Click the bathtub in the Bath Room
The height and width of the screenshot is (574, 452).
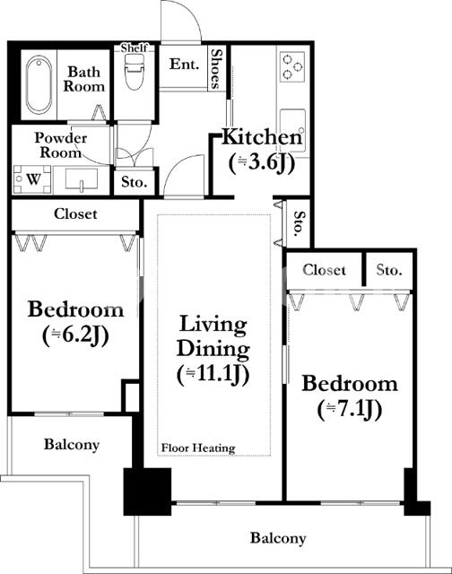(x=39, y=84)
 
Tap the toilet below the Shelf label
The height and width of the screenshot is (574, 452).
(x=134, y=72)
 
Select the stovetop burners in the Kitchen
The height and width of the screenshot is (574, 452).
(x=292, y=66)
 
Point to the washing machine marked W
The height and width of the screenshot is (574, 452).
(x=32, y=179)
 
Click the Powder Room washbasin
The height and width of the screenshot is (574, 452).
(x=82, y=179)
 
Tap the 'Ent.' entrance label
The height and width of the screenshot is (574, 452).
(x=184, y=64)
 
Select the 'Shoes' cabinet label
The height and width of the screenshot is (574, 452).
(x=217, y=69)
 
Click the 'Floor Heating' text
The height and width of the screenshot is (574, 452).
(x=198, y=448)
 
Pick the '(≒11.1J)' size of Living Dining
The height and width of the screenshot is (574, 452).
(x=213, y=375)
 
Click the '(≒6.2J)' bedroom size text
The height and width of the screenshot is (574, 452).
(x=75, y=335)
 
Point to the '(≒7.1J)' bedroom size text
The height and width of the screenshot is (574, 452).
(x=350, y=409)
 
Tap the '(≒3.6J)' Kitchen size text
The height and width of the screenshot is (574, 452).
(x=262, y=163)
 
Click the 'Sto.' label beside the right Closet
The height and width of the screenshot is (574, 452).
(x=389, y=270)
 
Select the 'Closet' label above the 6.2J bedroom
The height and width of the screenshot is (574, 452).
(x=75, y=213)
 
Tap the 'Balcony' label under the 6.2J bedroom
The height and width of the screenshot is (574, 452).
(x=72, y=445)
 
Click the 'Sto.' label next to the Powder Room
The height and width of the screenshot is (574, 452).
(x=135, y=182)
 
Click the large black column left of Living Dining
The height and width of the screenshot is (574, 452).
(x=147, y=491)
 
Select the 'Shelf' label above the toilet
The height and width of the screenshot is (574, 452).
(x=134, y=48)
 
